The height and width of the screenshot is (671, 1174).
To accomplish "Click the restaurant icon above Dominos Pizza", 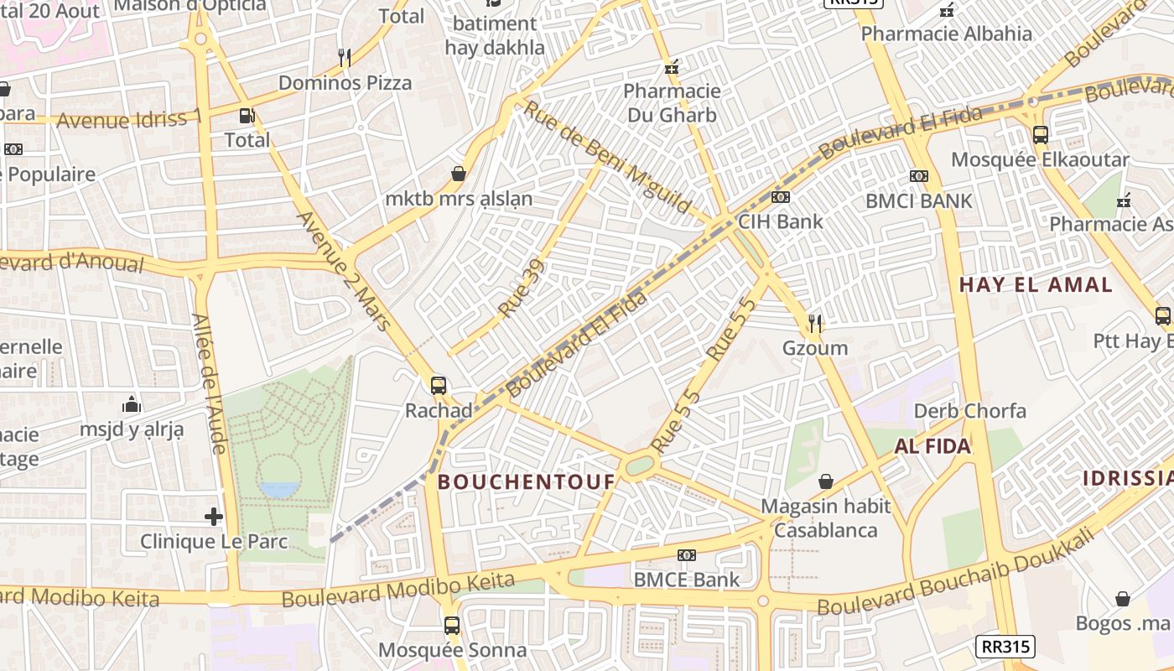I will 344,58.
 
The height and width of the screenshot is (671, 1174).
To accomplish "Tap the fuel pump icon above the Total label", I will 247,116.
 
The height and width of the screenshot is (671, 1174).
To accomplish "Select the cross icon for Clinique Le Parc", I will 214,517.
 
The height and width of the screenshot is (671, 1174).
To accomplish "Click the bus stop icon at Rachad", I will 439,386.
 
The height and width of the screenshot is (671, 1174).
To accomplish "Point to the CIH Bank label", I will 780,221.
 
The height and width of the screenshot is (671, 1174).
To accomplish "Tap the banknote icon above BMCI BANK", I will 919,176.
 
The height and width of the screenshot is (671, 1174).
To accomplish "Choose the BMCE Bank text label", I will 687,579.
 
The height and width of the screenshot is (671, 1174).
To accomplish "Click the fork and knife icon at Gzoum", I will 815,323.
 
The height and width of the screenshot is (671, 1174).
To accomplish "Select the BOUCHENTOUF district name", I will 527,481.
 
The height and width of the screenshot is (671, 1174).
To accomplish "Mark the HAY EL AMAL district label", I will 1036,284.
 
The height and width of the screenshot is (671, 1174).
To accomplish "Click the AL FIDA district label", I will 932,446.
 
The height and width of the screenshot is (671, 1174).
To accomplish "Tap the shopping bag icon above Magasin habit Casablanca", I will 826,481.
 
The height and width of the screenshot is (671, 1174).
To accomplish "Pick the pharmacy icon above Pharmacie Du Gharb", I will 671,67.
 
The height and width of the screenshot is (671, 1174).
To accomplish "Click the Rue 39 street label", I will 522,289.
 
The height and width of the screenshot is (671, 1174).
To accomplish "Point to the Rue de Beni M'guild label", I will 607,158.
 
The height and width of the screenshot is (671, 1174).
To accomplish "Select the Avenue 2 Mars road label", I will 345,270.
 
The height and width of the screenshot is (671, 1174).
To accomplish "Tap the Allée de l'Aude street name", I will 210,384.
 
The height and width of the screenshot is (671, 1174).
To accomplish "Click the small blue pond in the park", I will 278,489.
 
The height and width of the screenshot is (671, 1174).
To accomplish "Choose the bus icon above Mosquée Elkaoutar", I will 1040,134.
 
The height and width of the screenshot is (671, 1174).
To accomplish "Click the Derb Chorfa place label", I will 969,411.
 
